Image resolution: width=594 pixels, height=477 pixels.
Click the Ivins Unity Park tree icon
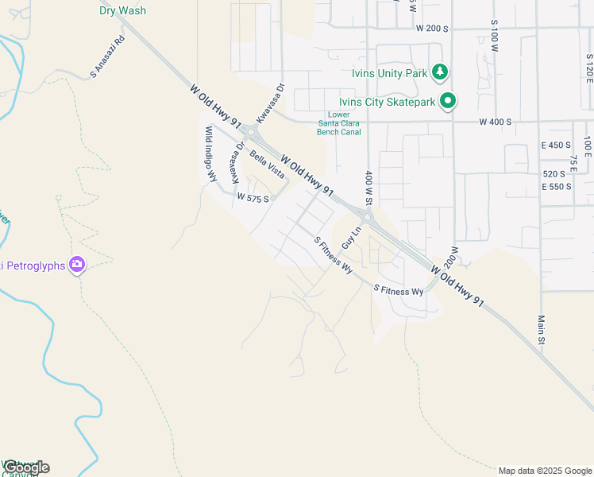pos(440,73)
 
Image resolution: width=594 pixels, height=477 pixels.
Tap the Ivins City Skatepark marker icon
pos(448,101)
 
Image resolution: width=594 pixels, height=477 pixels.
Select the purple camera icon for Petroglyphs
pos(76,264)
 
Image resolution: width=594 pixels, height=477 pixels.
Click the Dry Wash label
pos(122,10)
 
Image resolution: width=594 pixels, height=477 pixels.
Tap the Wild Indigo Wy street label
pos(210,153)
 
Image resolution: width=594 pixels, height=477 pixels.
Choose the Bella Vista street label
pos(267,164)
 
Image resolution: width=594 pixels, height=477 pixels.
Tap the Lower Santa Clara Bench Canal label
pos(339,123)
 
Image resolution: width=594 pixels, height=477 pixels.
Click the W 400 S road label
pos(495,122)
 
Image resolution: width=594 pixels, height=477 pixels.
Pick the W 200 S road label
pos(432,28)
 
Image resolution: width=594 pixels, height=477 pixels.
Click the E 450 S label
pos(556,145)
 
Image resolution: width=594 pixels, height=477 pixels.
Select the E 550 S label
pos(556,186)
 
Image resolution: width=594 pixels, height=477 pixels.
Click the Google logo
pos(26,467)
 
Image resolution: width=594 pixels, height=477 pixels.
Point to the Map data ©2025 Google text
pos(545,471)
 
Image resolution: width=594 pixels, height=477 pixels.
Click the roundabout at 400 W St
pos(367,217)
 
